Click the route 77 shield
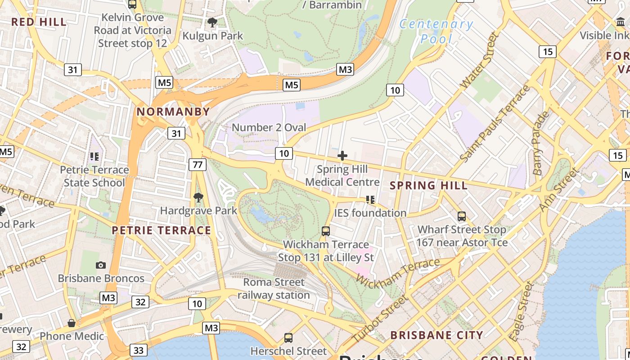[197, 165]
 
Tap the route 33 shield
[138, 350]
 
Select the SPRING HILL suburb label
[428, 185]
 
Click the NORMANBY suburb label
[173, 112]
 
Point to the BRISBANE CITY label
[436, 335]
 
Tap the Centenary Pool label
[436, 31]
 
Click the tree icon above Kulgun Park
[212, 22]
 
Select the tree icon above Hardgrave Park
[198, 197]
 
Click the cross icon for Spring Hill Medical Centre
[342, 156]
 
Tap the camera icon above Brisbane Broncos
[101, 265]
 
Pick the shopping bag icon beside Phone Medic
[71, 323]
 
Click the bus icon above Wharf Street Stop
[462, 216]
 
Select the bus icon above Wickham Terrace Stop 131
[326, 231]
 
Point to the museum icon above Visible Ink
[621, 22]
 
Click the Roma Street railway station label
[274, 288]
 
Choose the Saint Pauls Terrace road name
[495, 124]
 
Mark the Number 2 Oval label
[269, 127]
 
